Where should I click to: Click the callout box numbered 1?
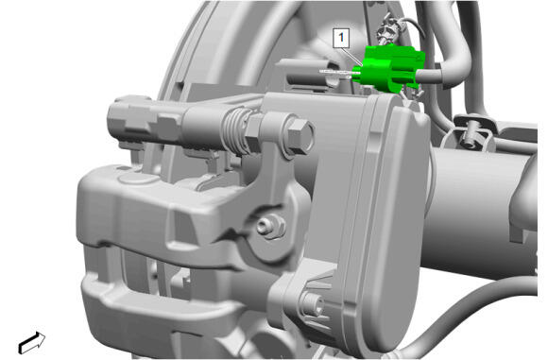[341, 38]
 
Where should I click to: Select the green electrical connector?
[389, 69]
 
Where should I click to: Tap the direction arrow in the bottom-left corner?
[32, 343]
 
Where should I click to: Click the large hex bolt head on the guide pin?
[300, 136]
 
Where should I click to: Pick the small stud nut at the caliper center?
[270, 226]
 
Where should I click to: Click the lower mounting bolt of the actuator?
[313, 303]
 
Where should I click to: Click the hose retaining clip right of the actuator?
[471, 134]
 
